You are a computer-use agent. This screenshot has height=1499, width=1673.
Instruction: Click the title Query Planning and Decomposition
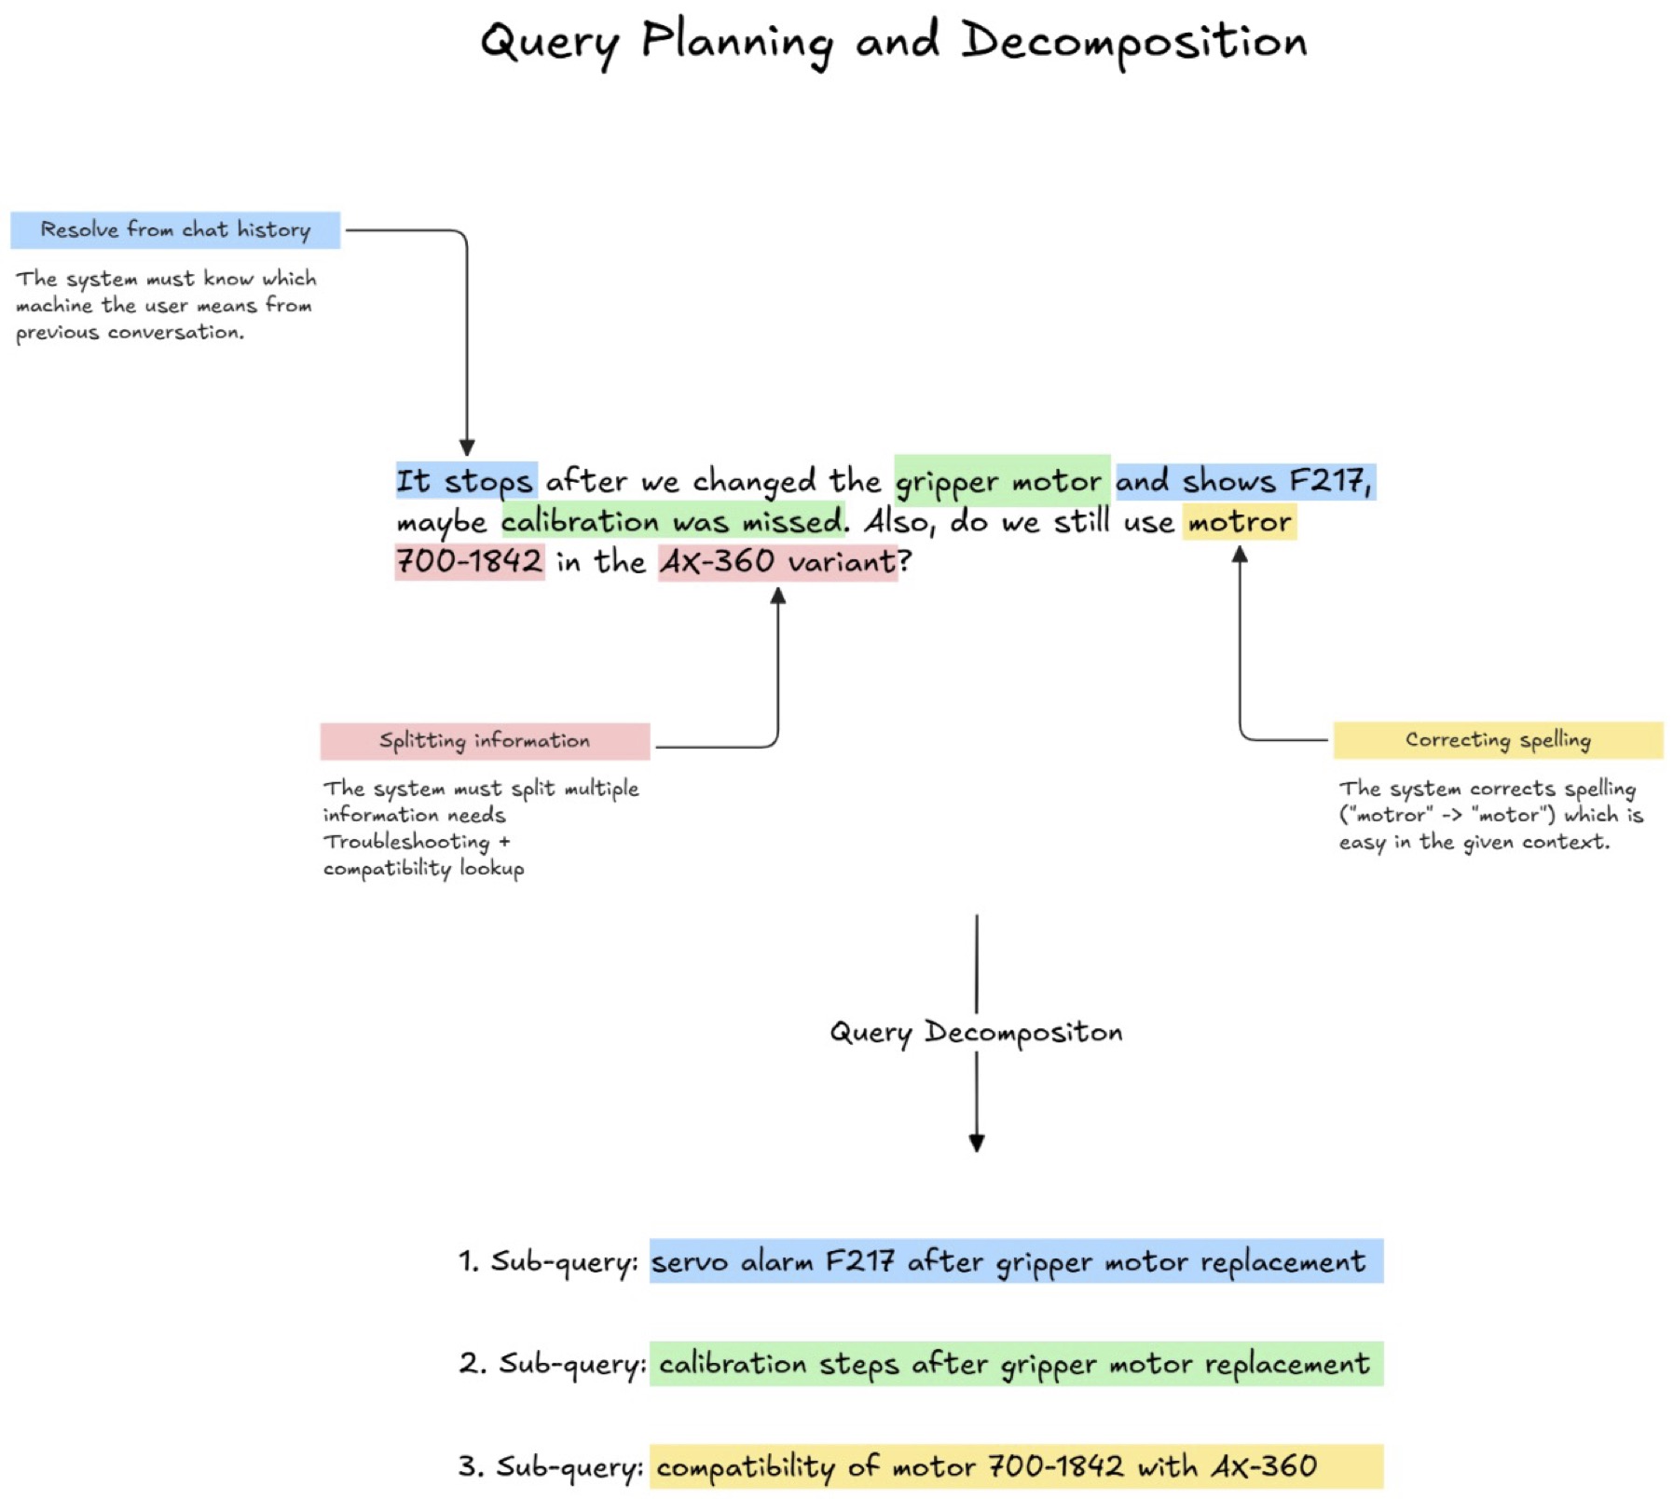(893, 43)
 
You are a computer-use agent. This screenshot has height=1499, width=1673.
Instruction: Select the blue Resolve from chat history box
(175, 229)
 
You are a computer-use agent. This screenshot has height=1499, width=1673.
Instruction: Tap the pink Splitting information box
(485, 740)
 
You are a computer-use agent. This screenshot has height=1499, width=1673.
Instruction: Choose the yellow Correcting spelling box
(1498, 740)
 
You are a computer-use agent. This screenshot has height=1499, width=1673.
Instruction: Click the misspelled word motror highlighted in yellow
(1240, 521)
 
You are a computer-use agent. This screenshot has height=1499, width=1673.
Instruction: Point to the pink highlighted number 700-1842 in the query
(470, 561)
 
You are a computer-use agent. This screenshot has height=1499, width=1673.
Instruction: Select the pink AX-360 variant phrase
(778, 561)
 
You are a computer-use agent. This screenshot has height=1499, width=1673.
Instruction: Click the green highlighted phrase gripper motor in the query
(1002, 481)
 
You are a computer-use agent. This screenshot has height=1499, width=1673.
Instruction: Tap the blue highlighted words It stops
(466, 481)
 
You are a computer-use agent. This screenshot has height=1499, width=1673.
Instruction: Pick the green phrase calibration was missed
(673, 521)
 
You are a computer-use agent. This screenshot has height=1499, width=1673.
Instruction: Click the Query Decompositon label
(976, 1033)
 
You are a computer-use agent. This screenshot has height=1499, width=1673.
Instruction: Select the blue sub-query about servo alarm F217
(1016, 1261)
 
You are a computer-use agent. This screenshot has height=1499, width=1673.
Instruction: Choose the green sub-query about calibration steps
(1016, 1364)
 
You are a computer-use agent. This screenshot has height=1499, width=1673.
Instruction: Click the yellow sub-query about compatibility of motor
(1016, 1466)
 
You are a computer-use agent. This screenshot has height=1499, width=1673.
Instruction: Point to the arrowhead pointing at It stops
(467, 448)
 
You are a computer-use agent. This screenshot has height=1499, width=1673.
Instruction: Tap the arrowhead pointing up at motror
(1240, 554)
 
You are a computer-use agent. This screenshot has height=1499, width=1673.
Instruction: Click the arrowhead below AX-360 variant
(778, 596)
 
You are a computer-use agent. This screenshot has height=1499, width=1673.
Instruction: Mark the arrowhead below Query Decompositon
(977, 1144)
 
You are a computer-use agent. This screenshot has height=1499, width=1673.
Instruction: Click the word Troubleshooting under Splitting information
(406, 842)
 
